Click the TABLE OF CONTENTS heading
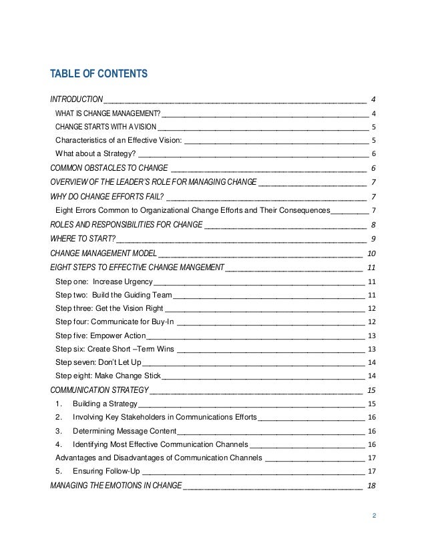(x=99, y=73)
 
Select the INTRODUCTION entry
(x=77, y=99)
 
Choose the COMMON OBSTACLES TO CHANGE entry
(x=110, y=167)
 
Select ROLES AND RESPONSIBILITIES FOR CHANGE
(x=126, y=225)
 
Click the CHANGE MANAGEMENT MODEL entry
(x=103, y=253)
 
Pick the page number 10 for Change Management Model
(x=372, y=253)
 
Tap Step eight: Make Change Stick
(x=108, y=376)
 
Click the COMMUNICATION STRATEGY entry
(x=99, y=390)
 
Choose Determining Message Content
(x=124, y=431)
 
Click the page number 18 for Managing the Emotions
(x=372, y=485)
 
